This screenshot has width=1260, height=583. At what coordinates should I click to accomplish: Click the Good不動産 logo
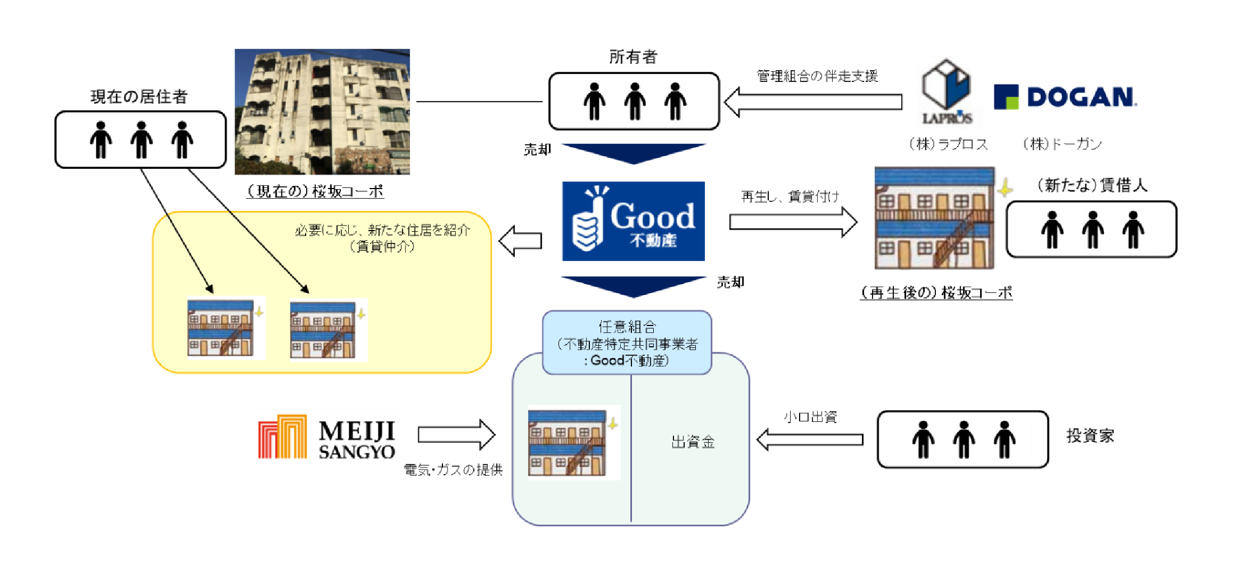[633, 221]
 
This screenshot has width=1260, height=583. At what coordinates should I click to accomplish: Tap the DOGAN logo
[1065, 97]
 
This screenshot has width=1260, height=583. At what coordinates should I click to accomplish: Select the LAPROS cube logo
[947, 91]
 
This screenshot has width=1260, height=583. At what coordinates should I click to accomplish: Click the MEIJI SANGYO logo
[327, 437]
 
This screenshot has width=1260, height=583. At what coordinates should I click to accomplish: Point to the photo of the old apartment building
[322, 112]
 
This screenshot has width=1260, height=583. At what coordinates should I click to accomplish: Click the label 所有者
[633, 57]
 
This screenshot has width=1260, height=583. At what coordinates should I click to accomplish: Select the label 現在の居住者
[139, 97]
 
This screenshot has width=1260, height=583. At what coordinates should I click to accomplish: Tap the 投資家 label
[1090, 435]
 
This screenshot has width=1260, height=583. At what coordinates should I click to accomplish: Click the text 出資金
[693, 442]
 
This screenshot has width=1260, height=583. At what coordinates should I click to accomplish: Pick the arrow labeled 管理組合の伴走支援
[813, 102]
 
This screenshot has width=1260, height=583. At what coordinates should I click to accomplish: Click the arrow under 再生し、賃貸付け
[793, 222]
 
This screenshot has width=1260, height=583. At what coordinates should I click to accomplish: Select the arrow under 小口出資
[810, 439]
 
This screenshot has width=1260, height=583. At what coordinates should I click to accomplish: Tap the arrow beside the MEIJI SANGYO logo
[456, 434]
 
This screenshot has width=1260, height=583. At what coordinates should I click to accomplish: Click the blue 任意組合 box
[627, 343]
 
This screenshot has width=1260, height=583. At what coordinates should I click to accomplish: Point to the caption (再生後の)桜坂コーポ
[936, 292]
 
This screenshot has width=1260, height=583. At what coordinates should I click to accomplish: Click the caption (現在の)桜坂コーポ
[315, 191]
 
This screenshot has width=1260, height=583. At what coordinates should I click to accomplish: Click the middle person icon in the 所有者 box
[634, 102]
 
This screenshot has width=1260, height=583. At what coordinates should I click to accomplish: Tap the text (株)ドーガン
[1062, 144]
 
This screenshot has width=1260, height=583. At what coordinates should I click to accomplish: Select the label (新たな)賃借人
[1092, 185]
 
